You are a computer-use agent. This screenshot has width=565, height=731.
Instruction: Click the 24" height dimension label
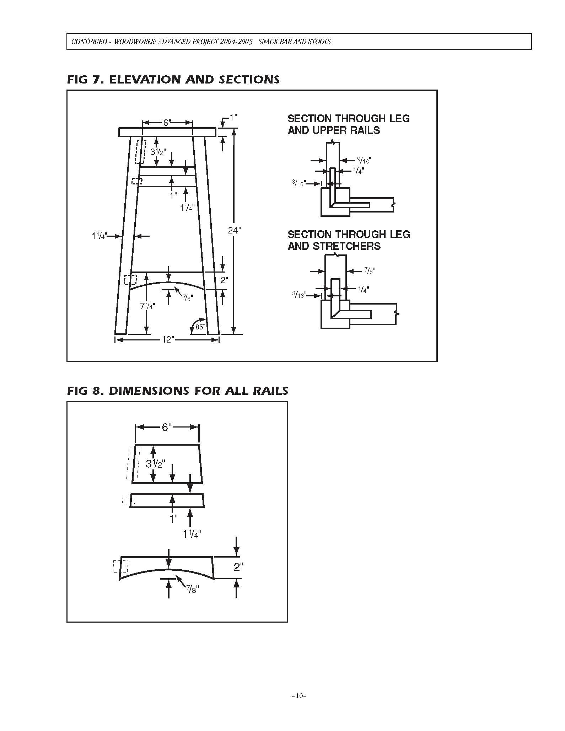coord(235,230)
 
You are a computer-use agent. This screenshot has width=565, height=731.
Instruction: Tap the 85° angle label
coord(200,327)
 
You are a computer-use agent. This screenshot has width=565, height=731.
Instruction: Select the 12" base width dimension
coord(167,340)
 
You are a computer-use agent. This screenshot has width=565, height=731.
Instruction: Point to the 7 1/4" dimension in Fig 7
coord(147,305)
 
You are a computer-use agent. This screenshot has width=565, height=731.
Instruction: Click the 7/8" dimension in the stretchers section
coord(370,271)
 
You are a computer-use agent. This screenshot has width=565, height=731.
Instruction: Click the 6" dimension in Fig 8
coord(167,427)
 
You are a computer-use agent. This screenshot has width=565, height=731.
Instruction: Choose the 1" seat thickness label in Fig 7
coord(233,117)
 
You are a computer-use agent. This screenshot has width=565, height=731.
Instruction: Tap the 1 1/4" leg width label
coord(99,236)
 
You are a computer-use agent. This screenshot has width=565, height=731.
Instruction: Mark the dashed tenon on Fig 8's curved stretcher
coord(120,566)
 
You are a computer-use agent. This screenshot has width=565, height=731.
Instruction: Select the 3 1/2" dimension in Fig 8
coord(155,464)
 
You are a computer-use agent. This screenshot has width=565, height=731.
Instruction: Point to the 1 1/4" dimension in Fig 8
coord(192,534)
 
